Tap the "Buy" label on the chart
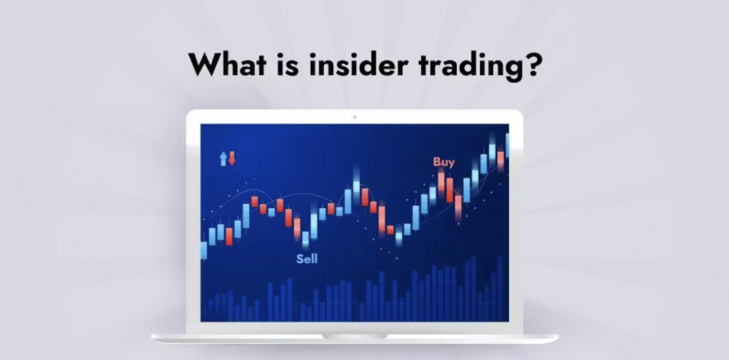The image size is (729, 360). (444, 162)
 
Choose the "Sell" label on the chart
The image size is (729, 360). (307, 259)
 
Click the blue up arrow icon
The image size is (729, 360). (223, 158)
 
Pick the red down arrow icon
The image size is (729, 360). (232, 158)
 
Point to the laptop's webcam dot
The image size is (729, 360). (354, 116)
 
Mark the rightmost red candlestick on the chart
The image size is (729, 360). (500, 161)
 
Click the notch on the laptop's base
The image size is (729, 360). (354, 336)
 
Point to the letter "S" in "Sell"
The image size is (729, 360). (300, 259)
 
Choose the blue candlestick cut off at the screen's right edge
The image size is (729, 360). (507, 145)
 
